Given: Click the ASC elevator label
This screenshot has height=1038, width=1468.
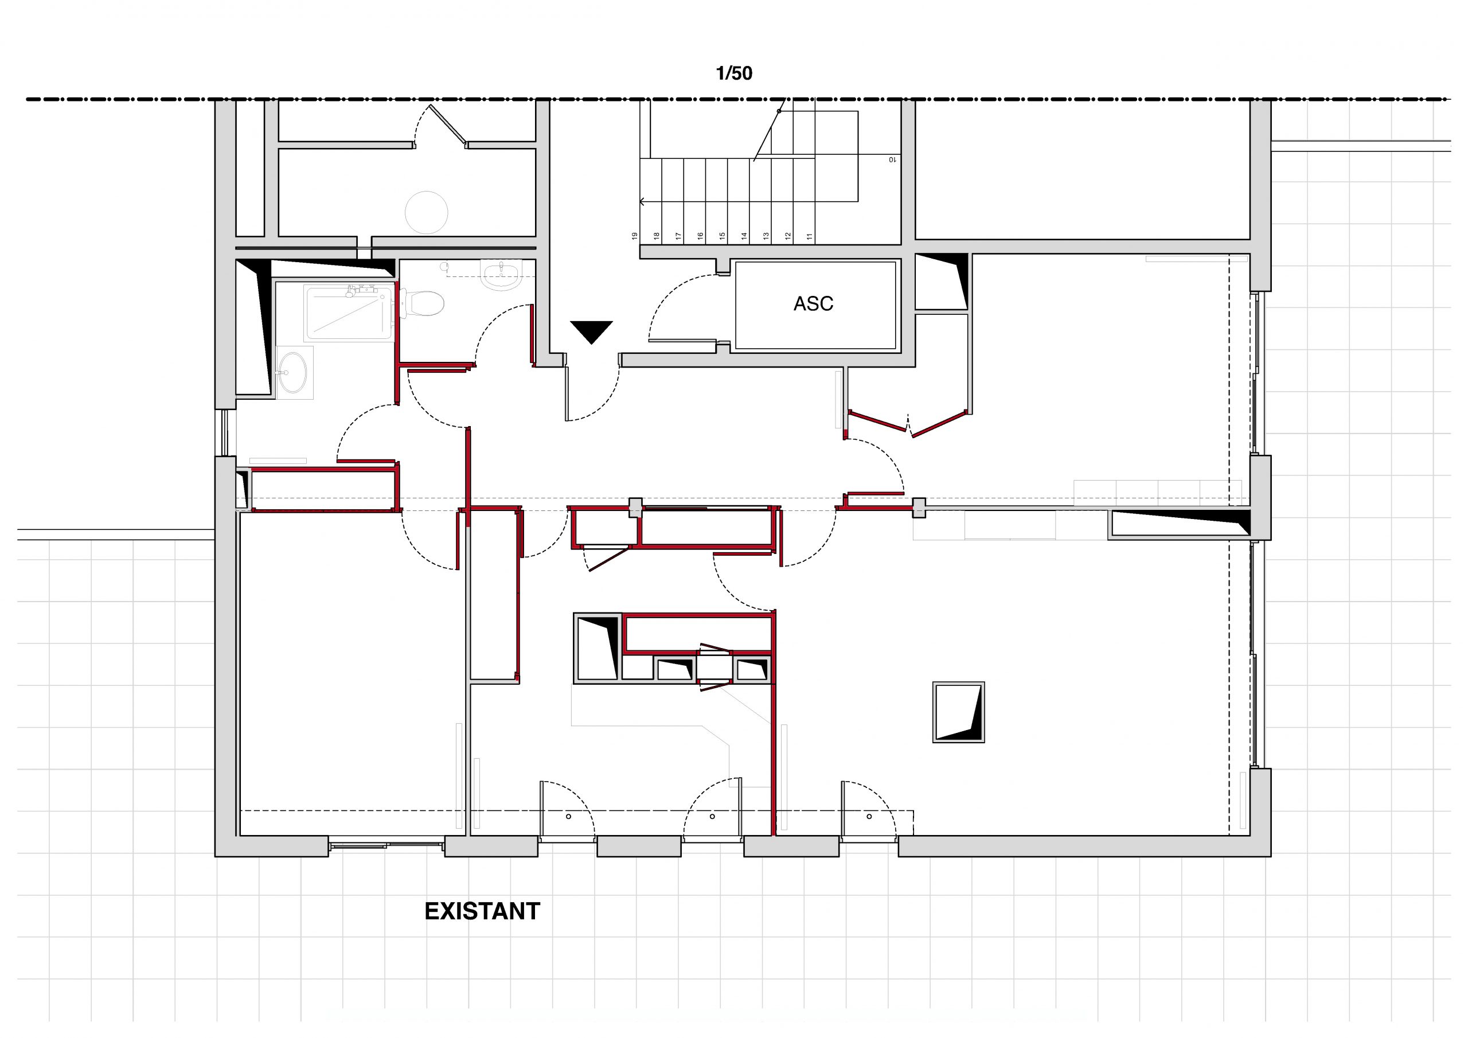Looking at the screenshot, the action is point(813,304).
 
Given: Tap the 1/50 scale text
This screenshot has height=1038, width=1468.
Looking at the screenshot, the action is point(734,73).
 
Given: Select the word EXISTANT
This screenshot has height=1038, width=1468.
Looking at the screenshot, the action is point(482,911).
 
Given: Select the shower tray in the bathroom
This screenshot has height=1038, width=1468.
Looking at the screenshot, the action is point(349,313).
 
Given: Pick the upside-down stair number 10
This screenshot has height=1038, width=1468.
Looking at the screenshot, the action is point(891,160).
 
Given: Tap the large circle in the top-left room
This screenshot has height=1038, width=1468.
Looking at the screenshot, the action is point(427,212).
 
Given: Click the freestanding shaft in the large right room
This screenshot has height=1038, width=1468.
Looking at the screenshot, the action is point(958,712).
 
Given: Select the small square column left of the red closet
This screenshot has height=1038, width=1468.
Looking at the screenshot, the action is point(635,508).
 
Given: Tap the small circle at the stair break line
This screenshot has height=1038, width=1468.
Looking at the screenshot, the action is point(779,111).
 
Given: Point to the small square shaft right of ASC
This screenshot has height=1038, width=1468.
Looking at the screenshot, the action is point(941,281).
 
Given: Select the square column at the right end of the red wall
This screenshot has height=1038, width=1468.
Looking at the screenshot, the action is point(919,508).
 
